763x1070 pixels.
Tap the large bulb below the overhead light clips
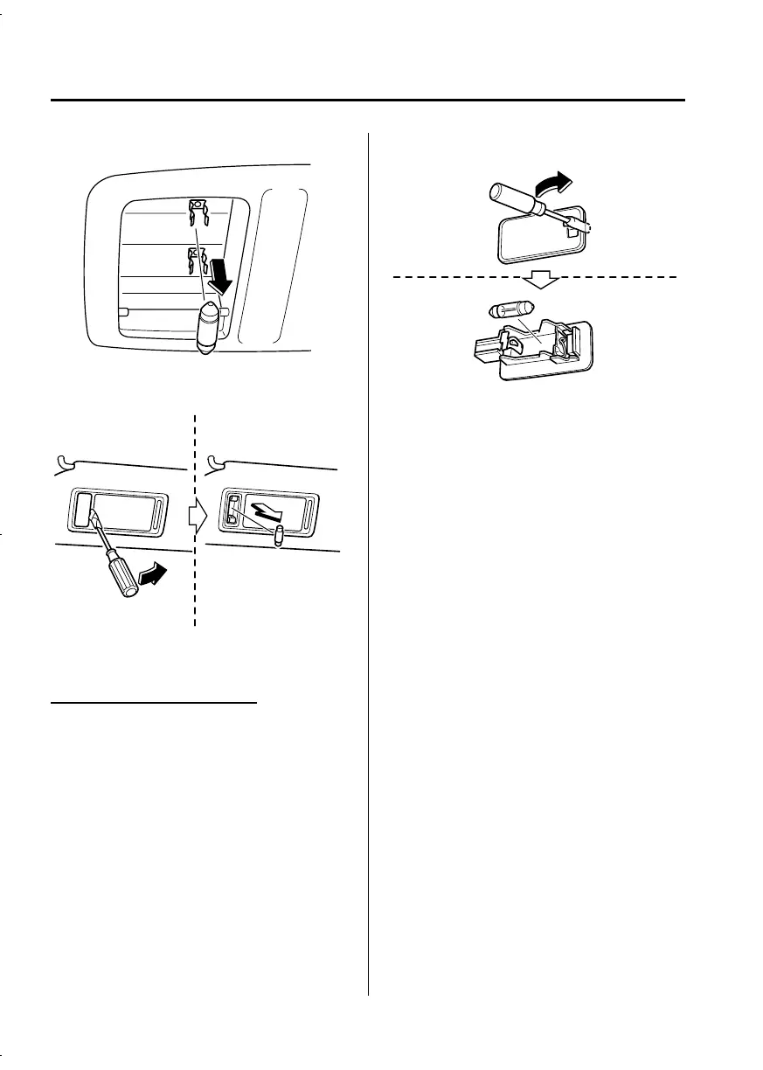(x=208, y=327)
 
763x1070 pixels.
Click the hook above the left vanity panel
(x=61, y=460)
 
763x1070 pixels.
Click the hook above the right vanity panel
(x=212, y=460)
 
